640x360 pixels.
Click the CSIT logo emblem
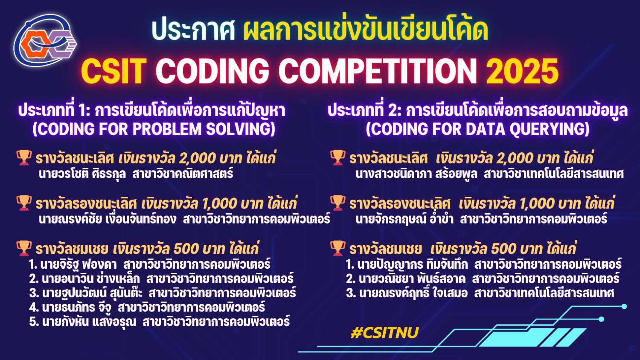[45, 41]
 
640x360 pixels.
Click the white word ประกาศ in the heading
[193, 30]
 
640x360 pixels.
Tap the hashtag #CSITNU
[384, 333]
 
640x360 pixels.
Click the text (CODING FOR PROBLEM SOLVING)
[154, 129]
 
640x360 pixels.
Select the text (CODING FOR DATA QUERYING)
[478, 129]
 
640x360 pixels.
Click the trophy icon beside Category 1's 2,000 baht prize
[24, 158]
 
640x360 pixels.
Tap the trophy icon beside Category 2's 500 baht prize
[338, 248]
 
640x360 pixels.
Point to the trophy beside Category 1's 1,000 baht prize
[24, 203]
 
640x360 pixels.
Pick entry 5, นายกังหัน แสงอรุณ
[89, 322]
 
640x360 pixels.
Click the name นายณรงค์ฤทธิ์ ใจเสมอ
[413, 293]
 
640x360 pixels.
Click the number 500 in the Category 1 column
[186, 249]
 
